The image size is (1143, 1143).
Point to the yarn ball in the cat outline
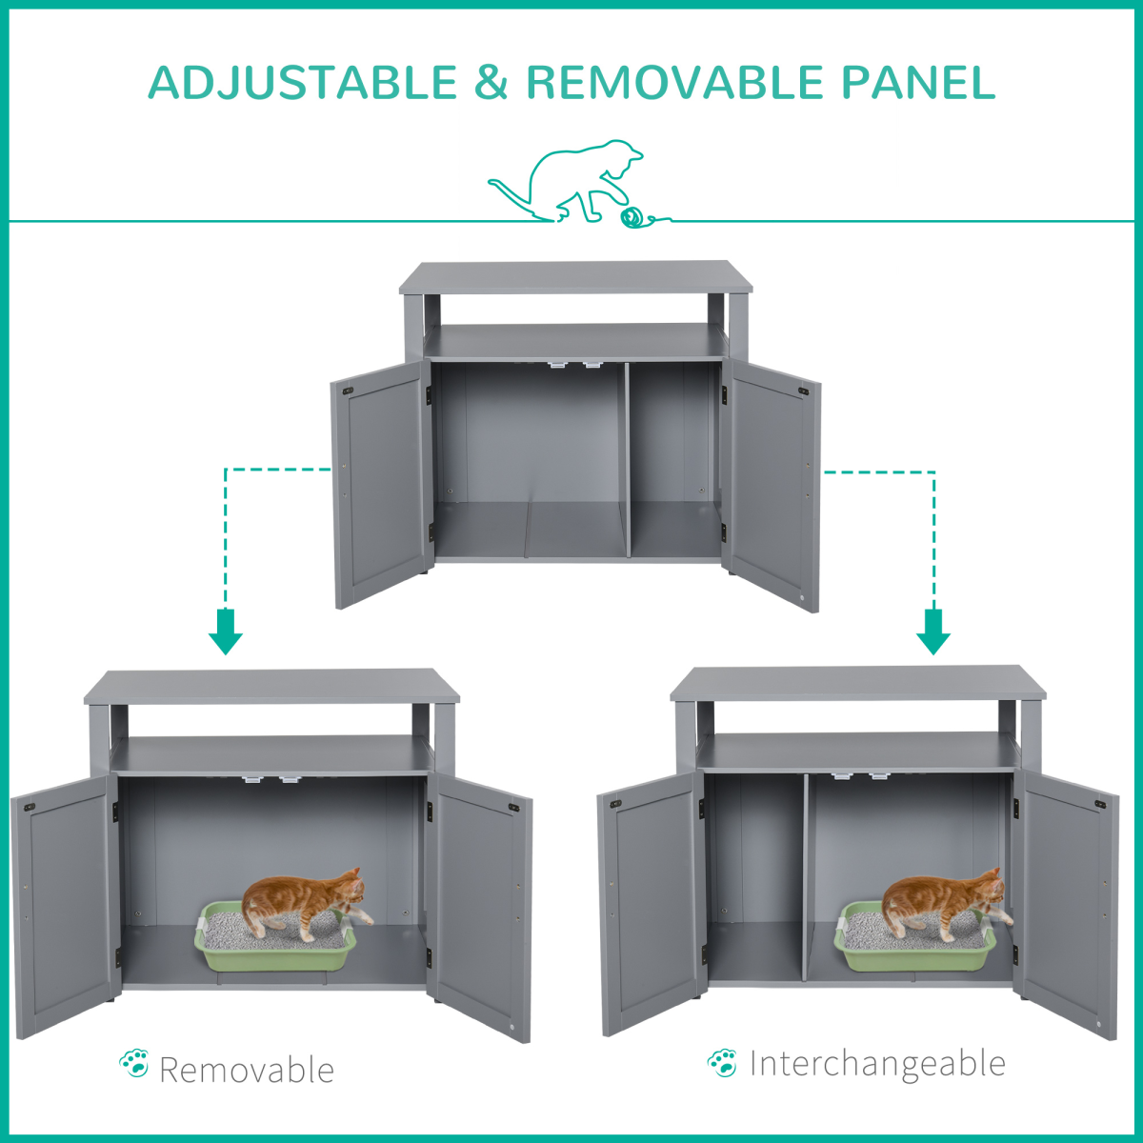[632, 218]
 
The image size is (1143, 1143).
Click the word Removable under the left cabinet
[247, 1071]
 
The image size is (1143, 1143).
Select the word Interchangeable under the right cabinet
[878, 1064]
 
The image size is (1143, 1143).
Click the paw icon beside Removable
[134, 1064]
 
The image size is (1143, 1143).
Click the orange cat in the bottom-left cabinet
[306, 904]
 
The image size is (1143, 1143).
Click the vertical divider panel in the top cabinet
[628, 460]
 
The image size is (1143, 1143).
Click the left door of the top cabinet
[381, 484]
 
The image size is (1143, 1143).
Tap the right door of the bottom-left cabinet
[480, 907]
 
